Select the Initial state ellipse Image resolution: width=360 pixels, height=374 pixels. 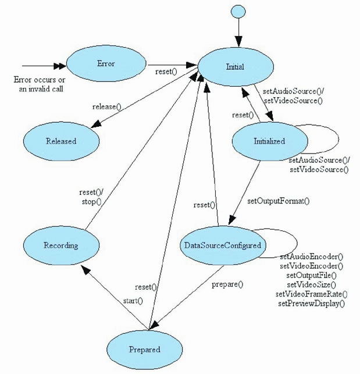click(x=235, y=67)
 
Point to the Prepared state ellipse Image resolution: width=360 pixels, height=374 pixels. click(x=144, y=349)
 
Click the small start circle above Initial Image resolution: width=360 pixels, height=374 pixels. click(x=237, y=11)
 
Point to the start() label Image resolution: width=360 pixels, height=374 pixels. click(x=133, y=301)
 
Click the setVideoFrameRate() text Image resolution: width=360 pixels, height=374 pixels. click(x=312, y=294)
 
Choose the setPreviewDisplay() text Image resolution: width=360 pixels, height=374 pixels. click(x=312, y=303)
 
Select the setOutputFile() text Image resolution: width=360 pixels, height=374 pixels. click(x=312, y=275)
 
